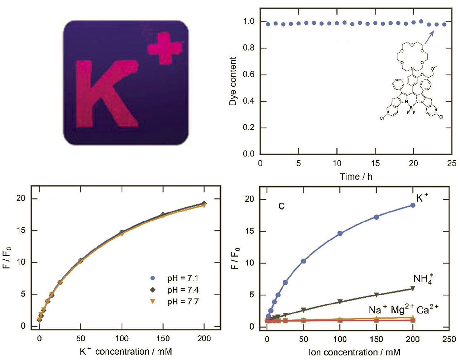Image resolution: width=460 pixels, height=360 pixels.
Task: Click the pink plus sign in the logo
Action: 164,48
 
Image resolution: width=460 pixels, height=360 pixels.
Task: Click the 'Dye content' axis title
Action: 233,81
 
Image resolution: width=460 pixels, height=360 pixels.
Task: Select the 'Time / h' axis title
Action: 356,177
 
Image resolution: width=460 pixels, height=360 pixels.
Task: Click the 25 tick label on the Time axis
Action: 451,163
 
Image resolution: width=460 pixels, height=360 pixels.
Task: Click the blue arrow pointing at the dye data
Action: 429,37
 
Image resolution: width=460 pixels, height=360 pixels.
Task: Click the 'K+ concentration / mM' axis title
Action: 126,351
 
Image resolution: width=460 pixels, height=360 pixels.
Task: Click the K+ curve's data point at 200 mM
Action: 413,205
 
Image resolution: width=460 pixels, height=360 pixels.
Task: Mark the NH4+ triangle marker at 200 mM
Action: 413,288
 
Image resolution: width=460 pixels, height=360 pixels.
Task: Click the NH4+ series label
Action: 423,279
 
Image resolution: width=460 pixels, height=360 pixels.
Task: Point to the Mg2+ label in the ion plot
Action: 402,309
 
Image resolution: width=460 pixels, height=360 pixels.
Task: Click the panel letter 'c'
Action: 282,206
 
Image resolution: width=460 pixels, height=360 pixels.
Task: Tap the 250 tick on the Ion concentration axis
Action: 449,339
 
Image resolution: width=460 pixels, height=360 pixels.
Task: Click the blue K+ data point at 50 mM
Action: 303,261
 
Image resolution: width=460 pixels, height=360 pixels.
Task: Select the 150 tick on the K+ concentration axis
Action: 163,339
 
